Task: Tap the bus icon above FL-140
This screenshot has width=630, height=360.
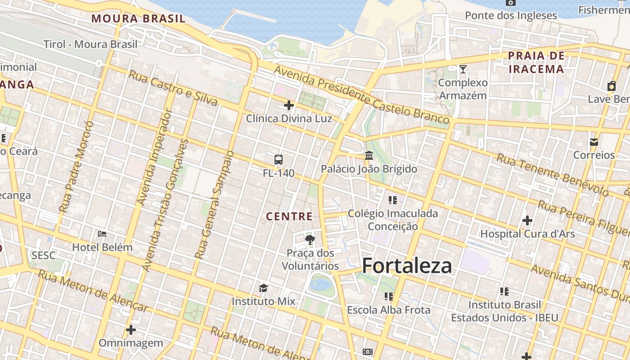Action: (x=279, y=160)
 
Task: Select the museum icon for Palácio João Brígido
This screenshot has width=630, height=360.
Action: (x=369, y=156)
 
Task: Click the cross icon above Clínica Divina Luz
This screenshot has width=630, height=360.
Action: (x=289, y=106)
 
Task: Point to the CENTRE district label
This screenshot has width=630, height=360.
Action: (x=289, y=216)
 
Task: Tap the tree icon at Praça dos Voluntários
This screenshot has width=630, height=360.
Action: (x=310, y=239)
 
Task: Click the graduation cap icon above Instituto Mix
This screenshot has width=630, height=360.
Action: (x=263, y=288)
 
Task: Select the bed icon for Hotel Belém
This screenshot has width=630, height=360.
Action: (x=102, y=234)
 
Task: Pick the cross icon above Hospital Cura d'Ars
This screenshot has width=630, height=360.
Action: (x=527, y=220)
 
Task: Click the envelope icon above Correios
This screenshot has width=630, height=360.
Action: (x=594, y=142)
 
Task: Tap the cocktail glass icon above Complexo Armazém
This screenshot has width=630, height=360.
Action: (x=463, y=69)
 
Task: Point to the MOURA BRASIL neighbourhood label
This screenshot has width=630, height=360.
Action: (x=138, y=18)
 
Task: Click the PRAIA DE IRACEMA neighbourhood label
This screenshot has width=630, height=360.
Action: (x=536, y=62)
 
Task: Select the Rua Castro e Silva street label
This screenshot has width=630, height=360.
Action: (x=173, y=88)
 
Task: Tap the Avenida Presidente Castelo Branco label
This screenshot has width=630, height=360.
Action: (x=361, y=94)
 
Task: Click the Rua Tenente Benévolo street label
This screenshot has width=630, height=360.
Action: (x=552, y=175)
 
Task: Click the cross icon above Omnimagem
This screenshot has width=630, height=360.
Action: (x=131, y=330)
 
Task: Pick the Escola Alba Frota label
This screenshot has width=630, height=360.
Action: (x=388, y=310)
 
